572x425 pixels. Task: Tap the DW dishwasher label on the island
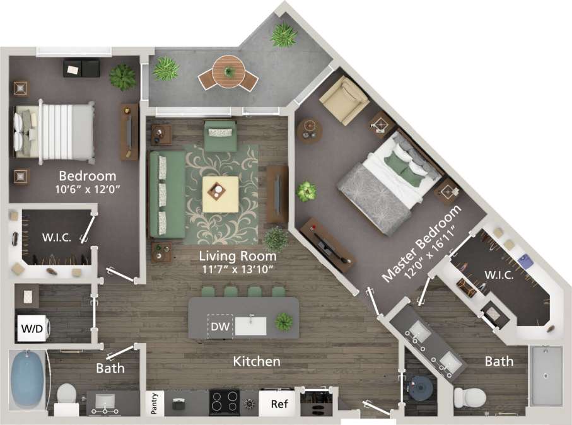[x=220, y=326]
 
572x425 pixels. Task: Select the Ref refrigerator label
[x=279, y=404]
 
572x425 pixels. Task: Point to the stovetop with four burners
[x=224, y=402]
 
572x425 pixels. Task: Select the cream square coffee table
[x=220, y=194]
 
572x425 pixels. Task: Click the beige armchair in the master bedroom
[x=343, y=100]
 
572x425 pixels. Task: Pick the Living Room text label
[x=238, y=257]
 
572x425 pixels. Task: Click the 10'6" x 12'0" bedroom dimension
[x=87, y=189]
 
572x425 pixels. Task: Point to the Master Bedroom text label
[x=423, y=243]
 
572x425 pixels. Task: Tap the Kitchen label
[x=257, y=362]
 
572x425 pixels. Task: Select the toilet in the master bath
[x=469, y=397]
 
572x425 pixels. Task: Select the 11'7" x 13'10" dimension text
[x=238, y=271]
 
